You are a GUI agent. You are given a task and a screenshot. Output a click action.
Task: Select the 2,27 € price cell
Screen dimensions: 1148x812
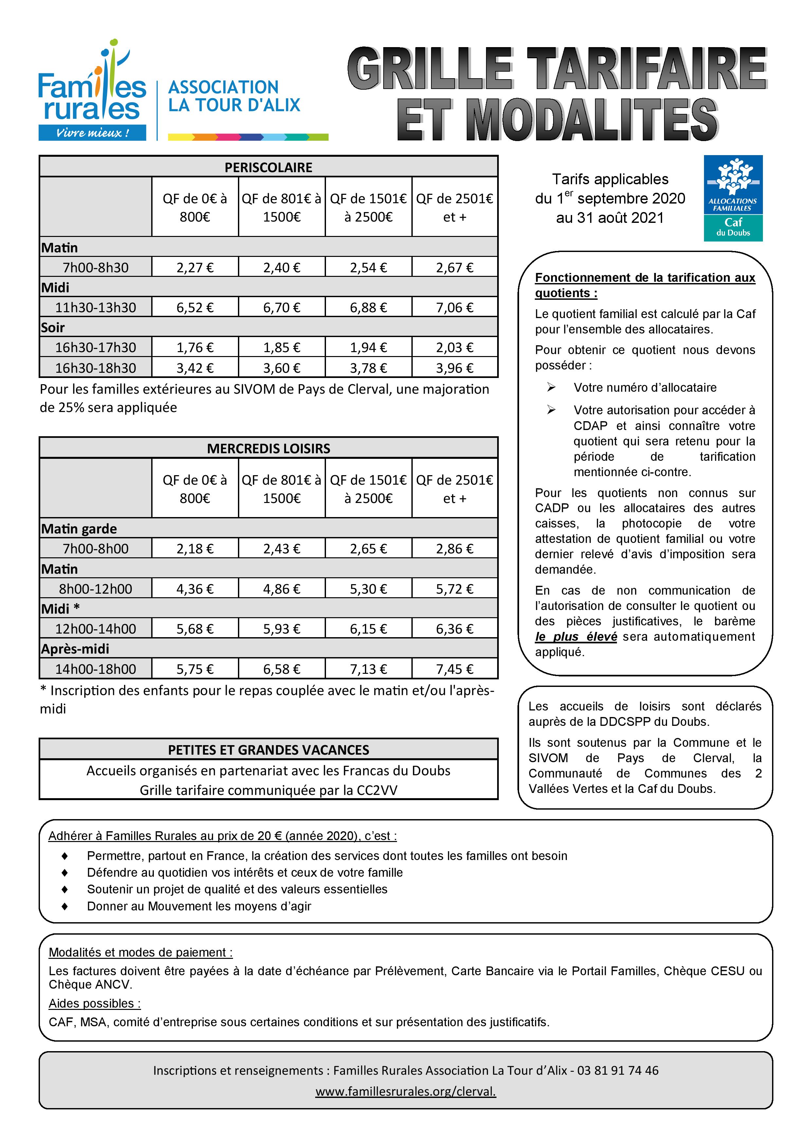click(x=195, y=267)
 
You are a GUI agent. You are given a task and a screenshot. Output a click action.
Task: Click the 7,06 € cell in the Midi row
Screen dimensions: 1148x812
click(x=455, y=308)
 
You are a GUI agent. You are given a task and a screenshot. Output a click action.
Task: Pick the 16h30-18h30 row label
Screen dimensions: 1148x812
click(x=96, y=368)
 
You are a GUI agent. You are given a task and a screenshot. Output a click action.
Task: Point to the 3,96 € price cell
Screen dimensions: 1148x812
click(x=455, y=368)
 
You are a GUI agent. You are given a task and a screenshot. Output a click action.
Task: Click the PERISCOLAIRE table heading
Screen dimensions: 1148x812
click(x=268, y=168)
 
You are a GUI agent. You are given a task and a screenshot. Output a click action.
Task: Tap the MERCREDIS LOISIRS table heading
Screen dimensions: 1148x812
click(x=268, y=449)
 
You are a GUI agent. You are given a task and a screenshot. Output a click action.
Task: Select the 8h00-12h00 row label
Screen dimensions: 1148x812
click(x=96, y=589)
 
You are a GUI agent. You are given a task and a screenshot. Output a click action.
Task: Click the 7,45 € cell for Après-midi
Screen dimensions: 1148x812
click(x=455, y=669)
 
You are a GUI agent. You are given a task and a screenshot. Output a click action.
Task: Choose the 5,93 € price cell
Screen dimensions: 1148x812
click(x=282, y=629)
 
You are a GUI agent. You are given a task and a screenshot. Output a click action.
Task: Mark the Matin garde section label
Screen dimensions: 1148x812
click(x=79, y=529)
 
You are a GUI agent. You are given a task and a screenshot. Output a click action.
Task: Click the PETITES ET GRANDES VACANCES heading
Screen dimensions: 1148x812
click(x=268, y=750)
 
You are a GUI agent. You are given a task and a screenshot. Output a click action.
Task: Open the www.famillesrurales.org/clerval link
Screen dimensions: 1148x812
click(x=406, y=1091)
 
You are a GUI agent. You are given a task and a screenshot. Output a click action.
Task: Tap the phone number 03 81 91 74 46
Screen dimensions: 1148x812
click(x=618, y=1070)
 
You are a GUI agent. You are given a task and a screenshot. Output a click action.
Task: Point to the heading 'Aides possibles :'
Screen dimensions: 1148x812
click(x=95, y=1003)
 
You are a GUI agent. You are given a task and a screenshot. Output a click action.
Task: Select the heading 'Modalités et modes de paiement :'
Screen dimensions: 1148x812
click(x=140, y=953)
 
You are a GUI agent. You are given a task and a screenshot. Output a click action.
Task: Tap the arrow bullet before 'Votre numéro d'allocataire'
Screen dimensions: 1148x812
click(x=551, y=387)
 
